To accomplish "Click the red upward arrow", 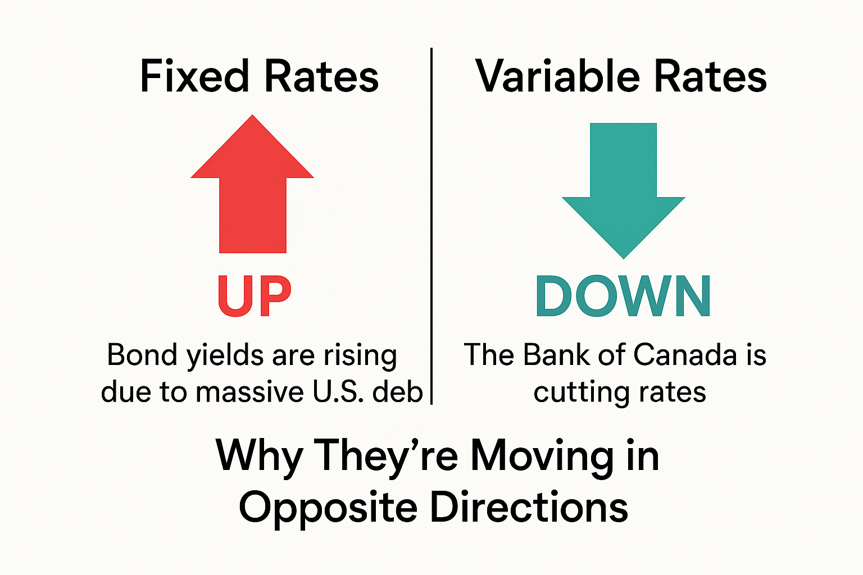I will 252,191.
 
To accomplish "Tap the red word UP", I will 255,296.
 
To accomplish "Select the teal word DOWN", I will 623,296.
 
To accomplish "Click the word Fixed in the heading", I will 194,76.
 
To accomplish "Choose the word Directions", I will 529,507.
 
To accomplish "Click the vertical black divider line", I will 431,225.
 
